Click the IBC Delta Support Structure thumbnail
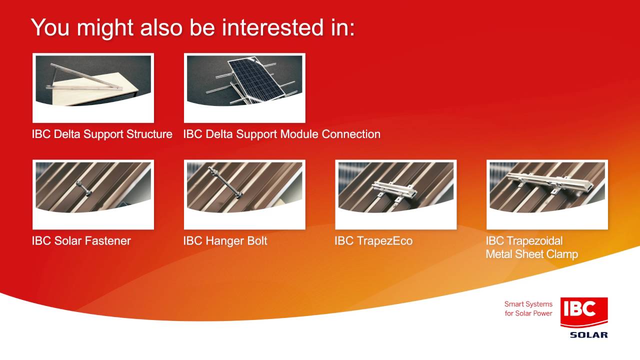pyautogui.click(x=93, y=88)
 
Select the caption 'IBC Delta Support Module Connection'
pyautogui.click(x=281, y=134)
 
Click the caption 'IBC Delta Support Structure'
pyautogui.click(x=102, y=134)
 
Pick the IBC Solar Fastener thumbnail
pyautogui.click(x=93, y=194)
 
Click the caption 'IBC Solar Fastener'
pyautogui.click(x=81, y=241)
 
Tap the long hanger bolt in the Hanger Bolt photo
pyautogui.click(x=225, y=182)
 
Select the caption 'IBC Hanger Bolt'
pyautogui.click(x=225, y=241)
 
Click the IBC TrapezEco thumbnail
pyautogui.click(x=395, y=194)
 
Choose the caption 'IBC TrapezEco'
pyautogui.click(x=373, y=241)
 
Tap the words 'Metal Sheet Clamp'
pyautogui.click(x=531, y=254)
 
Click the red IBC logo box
pyautogui.click(x=584, y=312)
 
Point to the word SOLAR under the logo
pyautogui.click(x=589, y=335)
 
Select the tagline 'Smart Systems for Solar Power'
pyautogui.click(x=528, y=308)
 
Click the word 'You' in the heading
pyautogui.click(x=50, y=27)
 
